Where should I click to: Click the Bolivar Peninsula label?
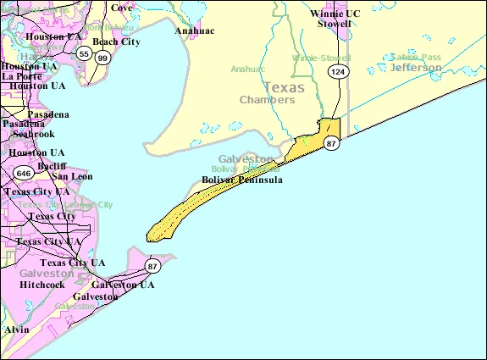click(242, 180)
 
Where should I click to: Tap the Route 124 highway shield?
click(338, 72)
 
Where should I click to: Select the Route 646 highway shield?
click(22, 174)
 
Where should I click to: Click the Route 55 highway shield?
click(83, 53)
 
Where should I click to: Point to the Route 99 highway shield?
click(102, 58)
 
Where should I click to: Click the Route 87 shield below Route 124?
click(332, 144)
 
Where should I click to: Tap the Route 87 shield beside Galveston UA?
click(152, 267)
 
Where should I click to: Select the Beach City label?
click(117, 41)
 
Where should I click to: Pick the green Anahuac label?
click(248, 69)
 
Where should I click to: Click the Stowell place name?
click(334, 25)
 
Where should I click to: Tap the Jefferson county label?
click(415, 67)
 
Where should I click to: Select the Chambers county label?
click(267, 100)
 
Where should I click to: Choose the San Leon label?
click(72, 176)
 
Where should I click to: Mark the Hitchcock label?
click(42, 285)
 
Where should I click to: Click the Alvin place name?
click(16, 329)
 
